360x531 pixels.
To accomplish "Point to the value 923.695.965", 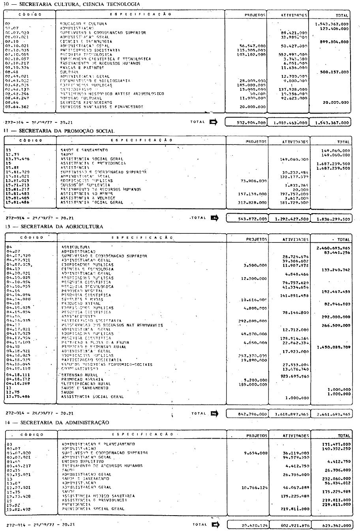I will coord(293,376).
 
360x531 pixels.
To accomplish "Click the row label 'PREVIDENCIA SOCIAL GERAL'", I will coord(93,508).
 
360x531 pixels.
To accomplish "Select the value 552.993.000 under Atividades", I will coord(293,54).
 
